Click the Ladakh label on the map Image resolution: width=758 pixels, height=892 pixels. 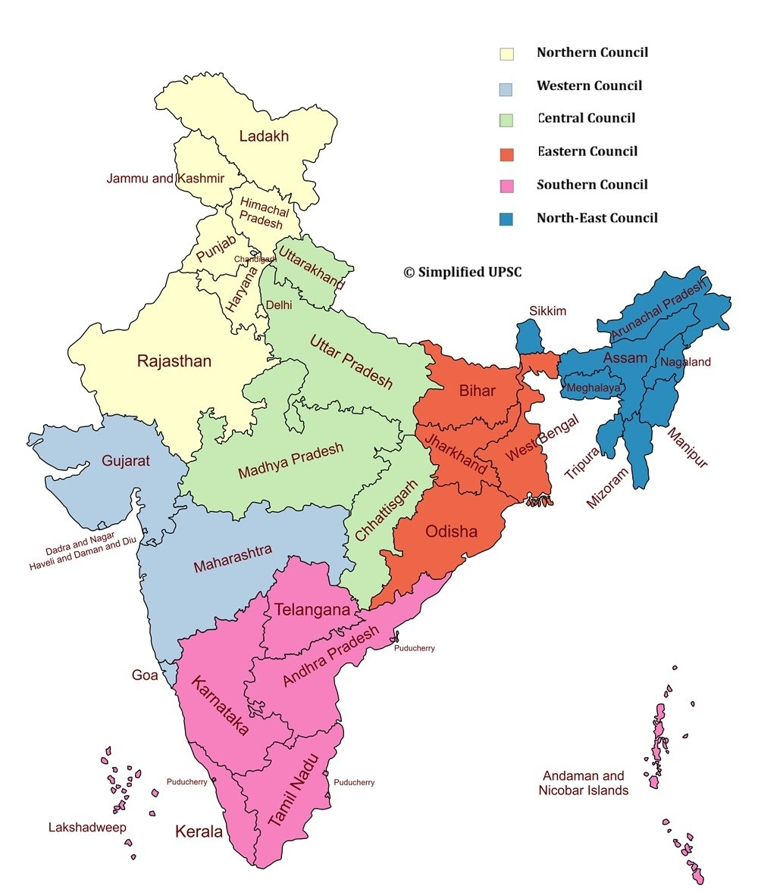point(264,136)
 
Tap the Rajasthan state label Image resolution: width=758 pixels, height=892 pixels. point(174,361)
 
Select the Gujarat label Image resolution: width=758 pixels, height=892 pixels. point(125,460)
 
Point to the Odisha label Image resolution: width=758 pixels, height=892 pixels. point(451,532)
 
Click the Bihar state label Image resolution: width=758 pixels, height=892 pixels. point(477,391)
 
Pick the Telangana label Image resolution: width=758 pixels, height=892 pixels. point(312,610)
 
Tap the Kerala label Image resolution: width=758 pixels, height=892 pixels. point(199,831)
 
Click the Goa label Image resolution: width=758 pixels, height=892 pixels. point(145,675)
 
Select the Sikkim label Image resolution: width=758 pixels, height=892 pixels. point(547,311)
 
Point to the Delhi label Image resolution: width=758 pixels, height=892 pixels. point(278,305)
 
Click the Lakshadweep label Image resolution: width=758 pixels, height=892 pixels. point(87,827)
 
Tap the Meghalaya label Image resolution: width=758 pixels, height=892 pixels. point(594,387)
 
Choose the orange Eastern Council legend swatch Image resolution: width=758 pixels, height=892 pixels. point(506,154)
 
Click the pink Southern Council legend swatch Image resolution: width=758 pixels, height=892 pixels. point(506,186)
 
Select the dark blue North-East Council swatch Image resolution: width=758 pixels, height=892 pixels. point(506,219)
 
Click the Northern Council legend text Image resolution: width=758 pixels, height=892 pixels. point(592,53)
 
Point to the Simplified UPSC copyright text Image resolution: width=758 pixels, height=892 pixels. point(462,273)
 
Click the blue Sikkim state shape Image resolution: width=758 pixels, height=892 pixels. point(530,337)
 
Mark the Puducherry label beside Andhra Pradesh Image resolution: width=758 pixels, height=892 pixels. point(414,648)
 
